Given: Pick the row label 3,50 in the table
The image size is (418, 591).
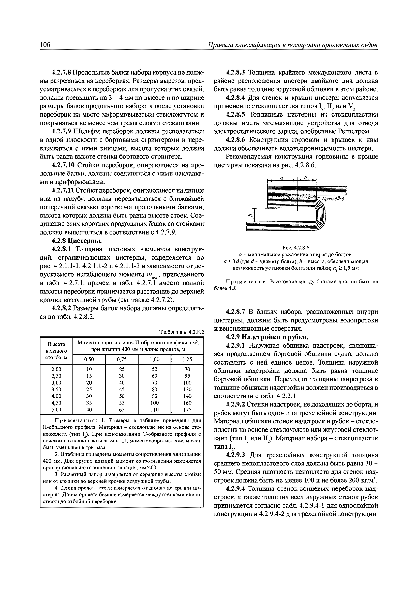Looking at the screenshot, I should (56, 390).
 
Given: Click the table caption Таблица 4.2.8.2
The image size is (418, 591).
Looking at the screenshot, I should (182, 332).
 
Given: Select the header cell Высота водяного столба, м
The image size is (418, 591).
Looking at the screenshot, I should (56, 351).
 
